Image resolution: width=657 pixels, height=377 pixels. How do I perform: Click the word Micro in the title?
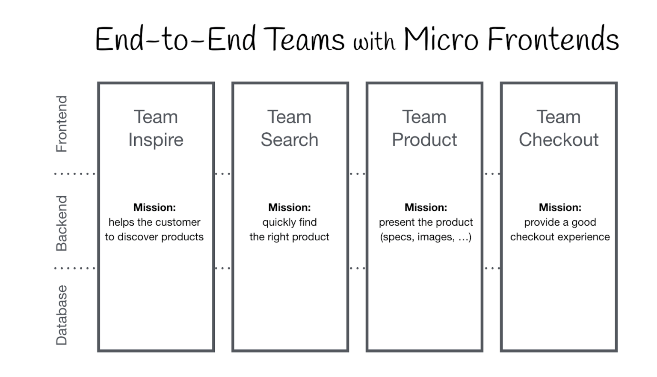441,39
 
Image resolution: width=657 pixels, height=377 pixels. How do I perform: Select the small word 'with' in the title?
374,42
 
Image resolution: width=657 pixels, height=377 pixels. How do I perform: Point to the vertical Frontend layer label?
62,124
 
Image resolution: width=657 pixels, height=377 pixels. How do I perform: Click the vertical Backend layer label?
62,223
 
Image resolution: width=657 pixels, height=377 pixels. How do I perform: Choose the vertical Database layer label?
62,315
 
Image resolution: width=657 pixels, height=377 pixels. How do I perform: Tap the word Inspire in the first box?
156,140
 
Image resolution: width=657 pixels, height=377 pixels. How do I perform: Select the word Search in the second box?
290,140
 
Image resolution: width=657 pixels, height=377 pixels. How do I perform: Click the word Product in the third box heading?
424,140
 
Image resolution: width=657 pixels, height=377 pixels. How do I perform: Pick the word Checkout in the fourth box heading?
559,140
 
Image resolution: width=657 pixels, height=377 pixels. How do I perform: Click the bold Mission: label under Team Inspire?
154,207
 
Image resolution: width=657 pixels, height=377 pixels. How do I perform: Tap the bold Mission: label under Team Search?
290,207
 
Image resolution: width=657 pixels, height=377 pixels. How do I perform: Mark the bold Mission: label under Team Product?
426,207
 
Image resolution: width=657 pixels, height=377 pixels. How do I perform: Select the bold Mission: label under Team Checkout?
560,207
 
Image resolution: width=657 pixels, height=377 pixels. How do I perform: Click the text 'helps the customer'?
154,222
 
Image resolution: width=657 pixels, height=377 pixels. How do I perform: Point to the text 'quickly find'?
290,222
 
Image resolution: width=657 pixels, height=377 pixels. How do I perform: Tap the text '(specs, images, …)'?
426,237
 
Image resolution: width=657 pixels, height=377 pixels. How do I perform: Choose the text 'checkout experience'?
560,237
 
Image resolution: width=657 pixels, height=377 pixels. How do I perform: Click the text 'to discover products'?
154,237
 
